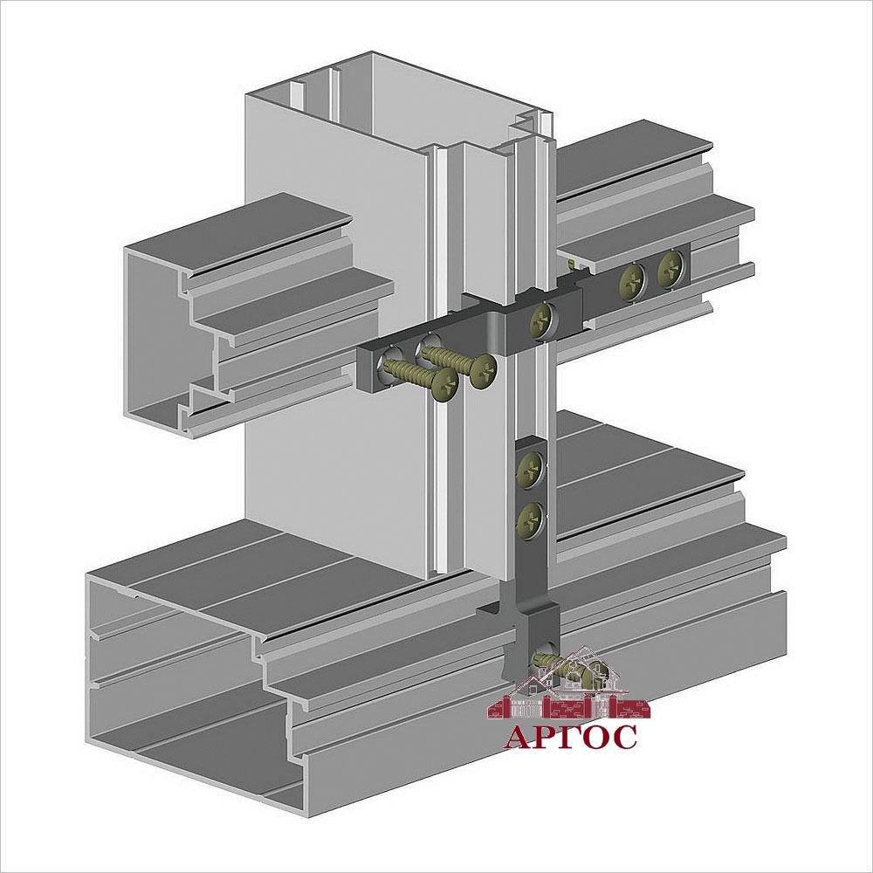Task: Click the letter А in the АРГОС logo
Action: pyautogui.click(x=519, y=737)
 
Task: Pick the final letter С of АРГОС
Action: pyautogui.click(x=623, y=737)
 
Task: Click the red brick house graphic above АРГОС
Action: pyautogui.click(x=569, y=684)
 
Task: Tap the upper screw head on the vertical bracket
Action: pyautogui.click(x=530, y=470)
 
